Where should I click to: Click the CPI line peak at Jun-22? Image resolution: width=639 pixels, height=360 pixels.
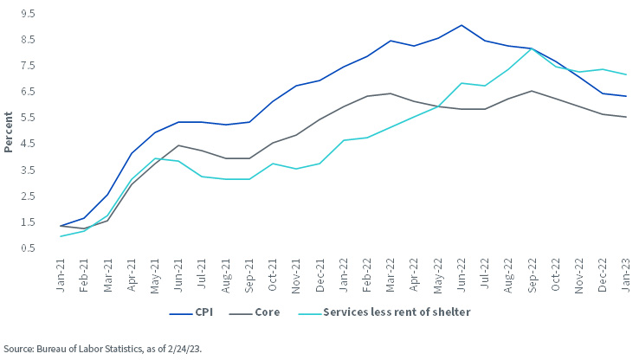(461, 25)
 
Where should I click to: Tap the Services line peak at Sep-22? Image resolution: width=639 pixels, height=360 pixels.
(531, 48)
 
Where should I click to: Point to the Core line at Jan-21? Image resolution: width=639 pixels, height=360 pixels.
(61, 226)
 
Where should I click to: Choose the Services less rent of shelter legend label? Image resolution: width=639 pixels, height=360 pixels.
(396, 312)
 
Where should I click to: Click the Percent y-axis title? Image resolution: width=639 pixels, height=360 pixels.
(8, 132)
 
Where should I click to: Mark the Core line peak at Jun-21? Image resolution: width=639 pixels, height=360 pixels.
(178, 145)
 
